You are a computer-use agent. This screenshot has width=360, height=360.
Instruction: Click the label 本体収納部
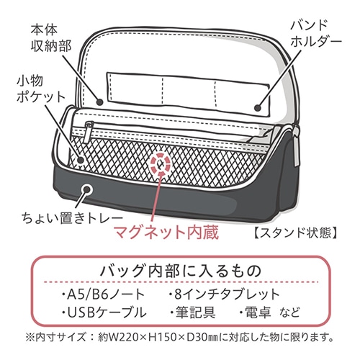pos(51,38)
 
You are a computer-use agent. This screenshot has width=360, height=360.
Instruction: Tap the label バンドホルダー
pos(316,34)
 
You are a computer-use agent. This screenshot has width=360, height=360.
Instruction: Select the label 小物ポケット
pos(40,89)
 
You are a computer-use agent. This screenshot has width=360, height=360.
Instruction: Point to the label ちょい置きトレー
pos(72,218)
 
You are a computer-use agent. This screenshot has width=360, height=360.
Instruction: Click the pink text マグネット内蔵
pos(166,232)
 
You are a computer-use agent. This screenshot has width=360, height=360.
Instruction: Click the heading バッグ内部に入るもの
pos(181,271)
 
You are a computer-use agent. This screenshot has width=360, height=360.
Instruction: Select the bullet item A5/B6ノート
pos(103,294)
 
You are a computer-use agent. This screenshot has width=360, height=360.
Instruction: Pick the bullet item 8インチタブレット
pos(224,294)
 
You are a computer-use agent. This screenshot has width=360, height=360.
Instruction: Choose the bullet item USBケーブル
pos(104,312)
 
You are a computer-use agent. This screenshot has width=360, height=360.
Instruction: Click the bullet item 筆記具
pos(192,312)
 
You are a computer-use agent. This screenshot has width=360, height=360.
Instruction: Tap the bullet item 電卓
pos(255,312)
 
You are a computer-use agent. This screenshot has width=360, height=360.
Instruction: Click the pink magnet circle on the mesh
pos(161,163)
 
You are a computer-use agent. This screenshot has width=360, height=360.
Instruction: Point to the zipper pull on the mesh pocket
pos(88,132)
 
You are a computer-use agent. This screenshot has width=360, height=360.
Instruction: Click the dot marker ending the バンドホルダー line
pos(258,108)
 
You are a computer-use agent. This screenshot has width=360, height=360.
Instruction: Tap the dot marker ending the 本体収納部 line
pos(100,102)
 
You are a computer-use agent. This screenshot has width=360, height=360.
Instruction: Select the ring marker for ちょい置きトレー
pos(87,189)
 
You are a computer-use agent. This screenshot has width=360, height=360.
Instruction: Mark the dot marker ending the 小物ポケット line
pos(81,160)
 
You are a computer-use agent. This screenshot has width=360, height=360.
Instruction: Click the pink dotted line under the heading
pos(181,282)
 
